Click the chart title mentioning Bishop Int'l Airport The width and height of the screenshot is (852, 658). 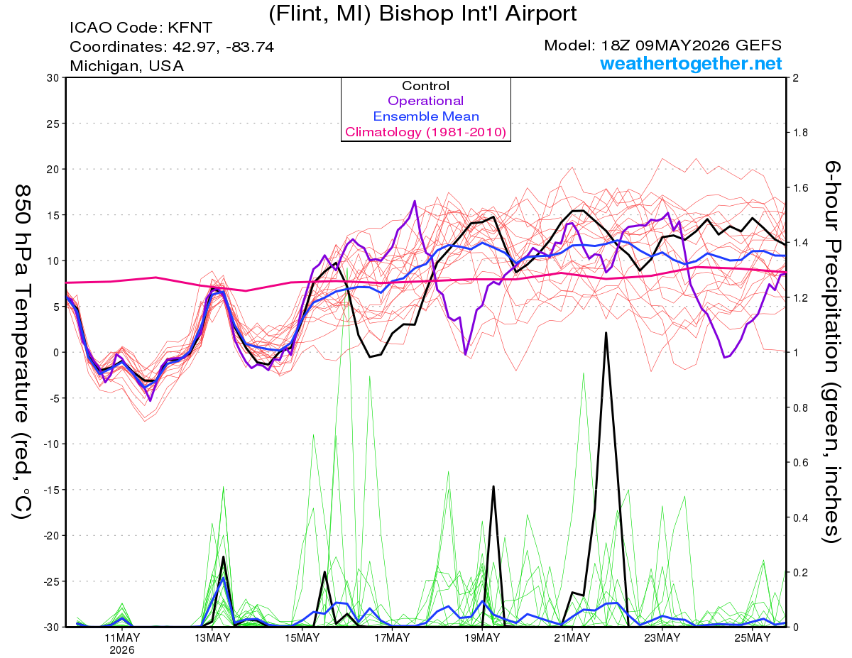pos(422,14)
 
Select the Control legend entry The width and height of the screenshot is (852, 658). pos(425,86)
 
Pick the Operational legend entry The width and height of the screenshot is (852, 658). pos(425,101)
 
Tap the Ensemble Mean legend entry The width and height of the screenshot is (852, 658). pos(426,116)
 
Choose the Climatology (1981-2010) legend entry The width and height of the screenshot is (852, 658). pos(426,132)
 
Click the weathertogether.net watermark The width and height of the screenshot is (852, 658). pos(691,63)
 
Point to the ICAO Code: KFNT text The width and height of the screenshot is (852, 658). pos(141,28)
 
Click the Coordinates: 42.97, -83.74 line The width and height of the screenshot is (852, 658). pos(172,47)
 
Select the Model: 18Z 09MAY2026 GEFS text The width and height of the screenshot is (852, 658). pos(662,45)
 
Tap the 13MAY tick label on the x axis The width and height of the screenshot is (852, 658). pos(212,638)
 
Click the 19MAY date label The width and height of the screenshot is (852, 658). pos(482,638)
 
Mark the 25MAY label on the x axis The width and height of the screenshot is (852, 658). pos(753,638)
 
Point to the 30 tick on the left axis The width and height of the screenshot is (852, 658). pos(53,78)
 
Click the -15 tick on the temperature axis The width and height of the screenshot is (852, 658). pos(50,490)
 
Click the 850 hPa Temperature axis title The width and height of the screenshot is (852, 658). pos(22,352)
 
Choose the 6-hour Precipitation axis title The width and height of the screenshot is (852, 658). pos(831,351)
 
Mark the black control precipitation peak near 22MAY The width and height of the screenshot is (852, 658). pos(606,333)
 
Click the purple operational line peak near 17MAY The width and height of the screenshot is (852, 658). pos(415,201)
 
